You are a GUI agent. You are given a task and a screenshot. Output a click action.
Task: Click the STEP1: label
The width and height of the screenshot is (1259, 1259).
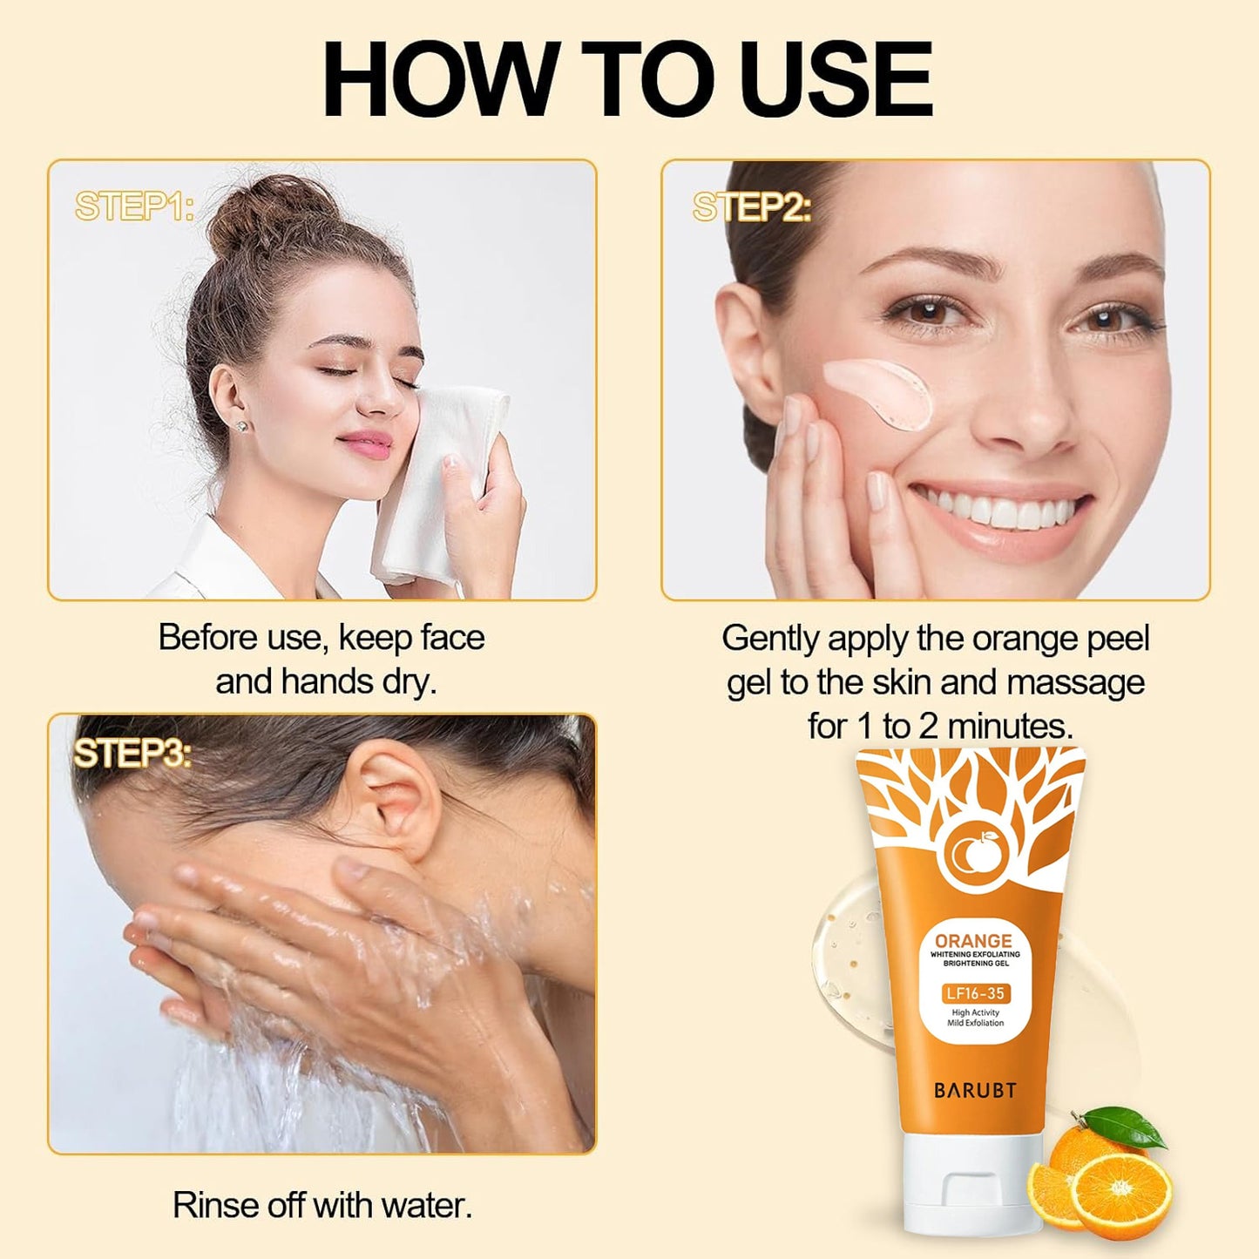(x=134, y=206)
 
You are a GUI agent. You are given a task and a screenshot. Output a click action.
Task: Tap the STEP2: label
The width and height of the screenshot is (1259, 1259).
(x=752, y=207)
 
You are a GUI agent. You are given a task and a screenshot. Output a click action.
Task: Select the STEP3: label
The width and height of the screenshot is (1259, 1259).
(x=132, y=754)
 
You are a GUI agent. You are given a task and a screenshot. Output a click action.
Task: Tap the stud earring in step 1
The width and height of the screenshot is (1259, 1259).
(x=240, y=426)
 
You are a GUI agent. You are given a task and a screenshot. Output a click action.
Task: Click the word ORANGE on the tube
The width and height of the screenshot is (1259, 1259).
(x=973, y=941)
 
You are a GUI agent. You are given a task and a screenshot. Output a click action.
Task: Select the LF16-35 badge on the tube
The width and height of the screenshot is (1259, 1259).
(x=975, y=993)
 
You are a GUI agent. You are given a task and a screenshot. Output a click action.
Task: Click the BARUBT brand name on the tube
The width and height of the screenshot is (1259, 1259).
(x=975, y=1090)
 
